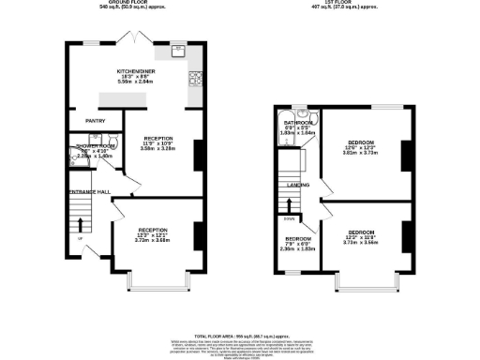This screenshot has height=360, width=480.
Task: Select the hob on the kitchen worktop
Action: coord(197,80)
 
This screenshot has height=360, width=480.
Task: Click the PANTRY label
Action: coord(95,121)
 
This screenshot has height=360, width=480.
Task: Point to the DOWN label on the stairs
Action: coord(289,219)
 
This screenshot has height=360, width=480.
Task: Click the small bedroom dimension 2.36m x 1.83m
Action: coord(299,249)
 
